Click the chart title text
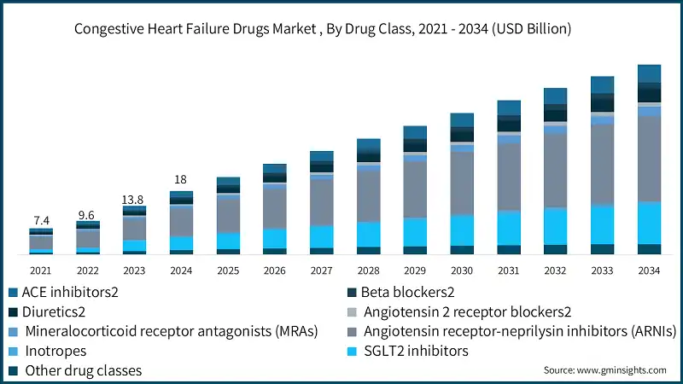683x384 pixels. pyautogui.click(x=323, y=29)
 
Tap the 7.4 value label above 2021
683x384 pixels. pyautogui.click(x=40, y=220)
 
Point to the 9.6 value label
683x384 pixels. pyautogui.click(x=87, y=215)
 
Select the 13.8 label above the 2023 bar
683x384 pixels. pyautogui.click(x=134, y=199)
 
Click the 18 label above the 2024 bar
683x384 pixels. pyautogui.click(x=181, y=180)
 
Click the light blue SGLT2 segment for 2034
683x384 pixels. pyautogui.click(x=649, y=223)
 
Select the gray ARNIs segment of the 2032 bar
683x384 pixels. pyautogui.click(x=555, y=170)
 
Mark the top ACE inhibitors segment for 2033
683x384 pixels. pyautogui.click(x=602, y=84)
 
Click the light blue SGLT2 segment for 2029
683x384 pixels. pyautogui.click(x=415, y=232)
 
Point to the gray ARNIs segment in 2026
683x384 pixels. pyautogui.click(x=275, y=207)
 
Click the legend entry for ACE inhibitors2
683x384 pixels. pyautogui.click(x=64, y=292)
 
